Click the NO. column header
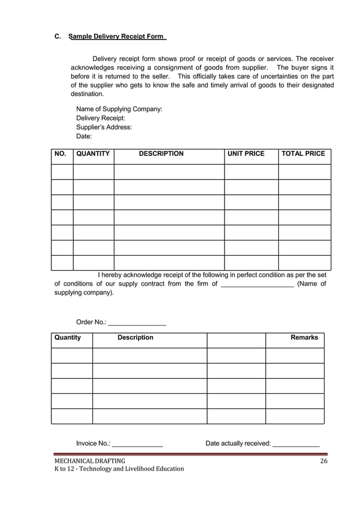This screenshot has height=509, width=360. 60,153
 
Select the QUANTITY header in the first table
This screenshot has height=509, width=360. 93,153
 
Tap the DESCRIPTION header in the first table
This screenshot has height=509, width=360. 161,153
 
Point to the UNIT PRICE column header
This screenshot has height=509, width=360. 245,153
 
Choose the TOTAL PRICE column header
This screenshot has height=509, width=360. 304,153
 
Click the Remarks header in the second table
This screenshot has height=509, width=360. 304,337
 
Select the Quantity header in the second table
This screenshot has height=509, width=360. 68,337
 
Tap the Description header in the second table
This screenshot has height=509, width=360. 135,337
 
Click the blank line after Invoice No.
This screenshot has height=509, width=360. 138,445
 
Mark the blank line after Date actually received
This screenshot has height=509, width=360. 296,445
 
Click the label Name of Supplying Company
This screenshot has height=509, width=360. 119,108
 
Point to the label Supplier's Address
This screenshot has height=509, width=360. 104,127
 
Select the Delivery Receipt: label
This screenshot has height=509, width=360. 100,118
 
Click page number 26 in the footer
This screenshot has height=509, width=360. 323,461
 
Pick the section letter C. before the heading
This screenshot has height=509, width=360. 58,37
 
